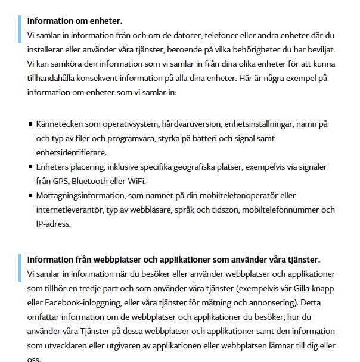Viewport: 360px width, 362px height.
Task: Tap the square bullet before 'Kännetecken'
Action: point(30,125)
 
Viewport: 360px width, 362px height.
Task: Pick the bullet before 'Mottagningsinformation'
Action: point(30,196)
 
